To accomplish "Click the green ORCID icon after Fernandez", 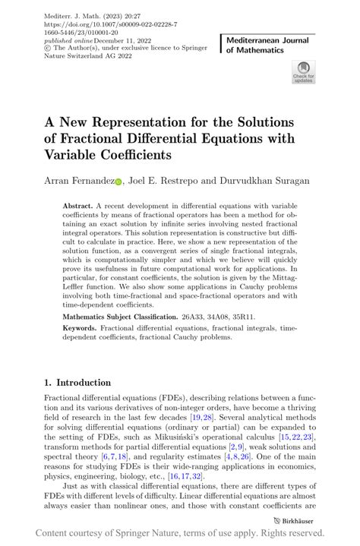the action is (x=118, y=181).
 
